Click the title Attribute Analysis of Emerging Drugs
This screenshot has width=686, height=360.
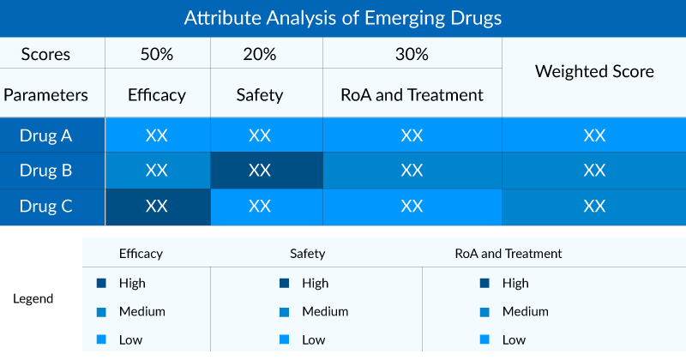click(x=342, y=17)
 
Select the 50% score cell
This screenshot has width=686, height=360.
click(x=157, y=54)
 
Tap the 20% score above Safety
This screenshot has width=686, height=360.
click(x=260, y=54)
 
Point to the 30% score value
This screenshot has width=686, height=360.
click(x=412, y=54)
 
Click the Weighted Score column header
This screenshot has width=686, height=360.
click(x=594, y=72)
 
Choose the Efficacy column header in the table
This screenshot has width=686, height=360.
click(x=157, y=95)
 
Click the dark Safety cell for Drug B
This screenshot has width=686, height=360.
click(x=260, y=171)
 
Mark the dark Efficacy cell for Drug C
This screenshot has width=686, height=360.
click(x=157, y=206)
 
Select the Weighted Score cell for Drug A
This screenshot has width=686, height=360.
click(x=594, y=135)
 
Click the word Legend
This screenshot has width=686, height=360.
click(x=33, y=299)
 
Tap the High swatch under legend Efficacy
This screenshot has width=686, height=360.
click(x=101, y=284)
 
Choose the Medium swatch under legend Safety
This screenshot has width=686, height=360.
click(x=284, y=312)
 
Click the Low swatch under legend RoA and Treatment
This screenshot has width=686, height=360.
click(x=484, y=340)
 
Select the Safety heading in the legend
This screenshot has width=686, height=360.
click(x=307, y=254)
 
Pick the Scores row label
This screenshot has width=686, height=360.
click(x=45, y=54)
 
